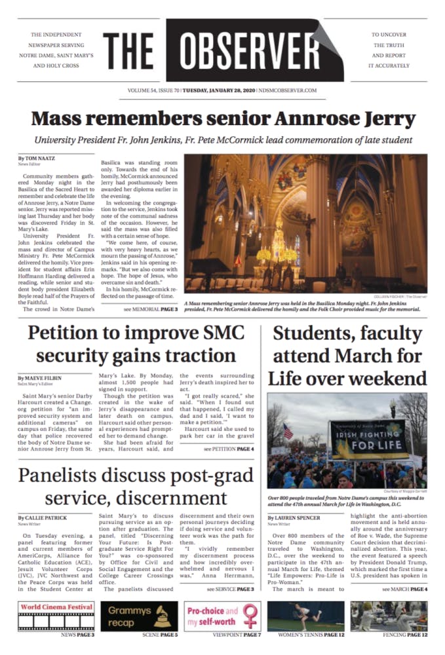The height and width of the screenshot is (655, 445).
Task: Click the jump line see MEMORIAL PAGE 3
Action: click(149, 309)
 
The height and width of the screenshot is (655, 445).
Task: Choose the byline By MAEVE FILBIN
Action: click(38, 379)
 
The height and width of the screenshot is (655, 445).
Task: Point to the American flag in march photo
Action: click(288, 430)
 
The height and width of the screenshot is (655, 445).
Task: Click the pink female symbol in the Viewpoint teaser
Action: click(250, 616)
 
